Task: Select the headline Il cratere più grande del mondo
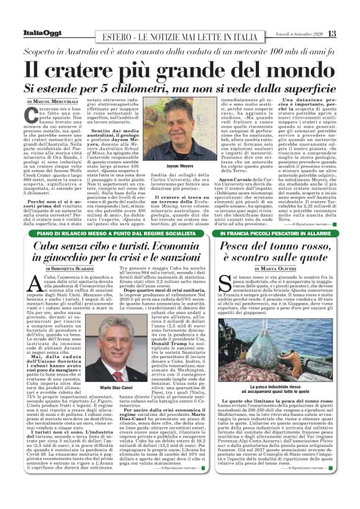click(x=179, y=68)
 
